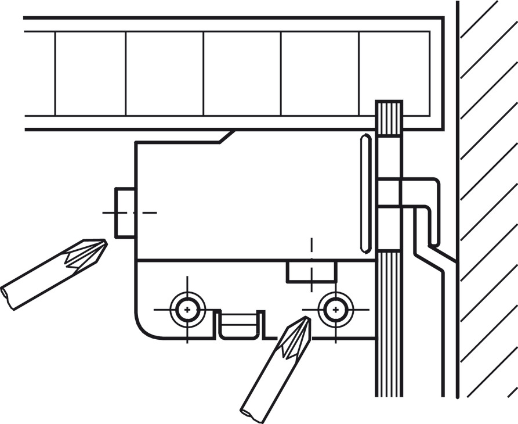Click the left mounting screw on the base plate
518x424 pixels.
pos(187,310)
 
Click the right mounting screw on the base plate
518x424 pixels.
pos(335,309)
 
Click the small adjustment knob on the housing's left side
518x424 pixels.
pos(125,213)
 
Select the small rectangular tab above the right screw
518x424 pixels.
pos(311,271)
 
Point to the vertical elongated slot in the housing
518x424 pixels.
pos(365,193)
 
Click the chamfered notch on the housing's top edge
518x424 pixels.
pos(226,136)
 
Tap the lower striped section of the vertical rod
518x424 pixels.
pos(389,325)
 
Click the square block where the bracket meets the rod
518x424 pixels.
pos(389,192)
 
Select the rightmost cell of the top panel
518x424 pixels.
pos(394,73)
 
